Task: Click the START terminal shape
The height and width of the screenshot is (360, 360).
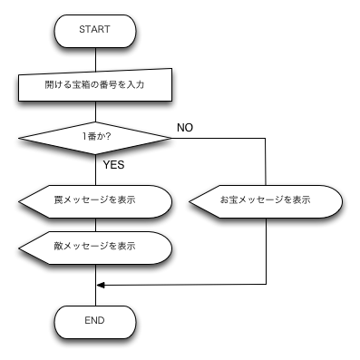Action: click(x=94, y=30)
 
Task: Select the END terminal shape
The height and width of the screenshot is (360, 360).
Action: click(x=94, y=321)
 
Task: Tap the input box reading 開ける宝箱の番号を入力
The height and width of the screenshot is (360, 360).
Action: click(x=94, y=85)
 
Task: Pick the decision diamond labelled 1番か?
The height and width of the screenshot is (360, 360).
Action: click(x=94, y=138)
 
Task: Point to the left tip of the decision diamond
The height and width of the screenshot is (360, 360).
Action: click(x=22, y=138)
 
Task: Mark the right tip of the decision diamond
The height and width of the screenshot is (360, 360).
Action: click(x=169, y=138)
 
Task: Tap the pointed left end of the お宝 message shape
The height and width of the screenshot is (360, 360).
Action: click(x=192, y=201)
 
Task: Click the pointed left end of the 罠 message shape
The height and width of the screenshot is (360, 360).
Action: click(x=22, y=201)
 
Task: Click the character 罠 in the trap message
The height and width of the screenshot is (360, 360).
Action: click(x=58, y=200)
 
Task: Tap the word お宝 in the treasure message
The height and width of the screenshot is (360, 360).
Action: click(x=229, y=200)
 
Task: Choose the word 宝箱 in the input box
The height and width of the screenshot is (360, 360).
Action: click(x=80, y=85)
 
